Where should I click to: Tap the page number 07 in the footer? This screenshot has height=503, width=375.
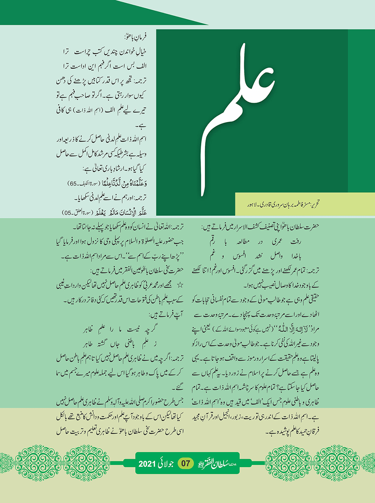186,464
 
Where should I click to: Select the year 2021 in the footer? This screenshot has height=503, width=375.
147,464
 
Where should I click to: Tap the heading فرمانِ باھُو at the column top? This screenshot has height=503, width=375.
135,37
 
